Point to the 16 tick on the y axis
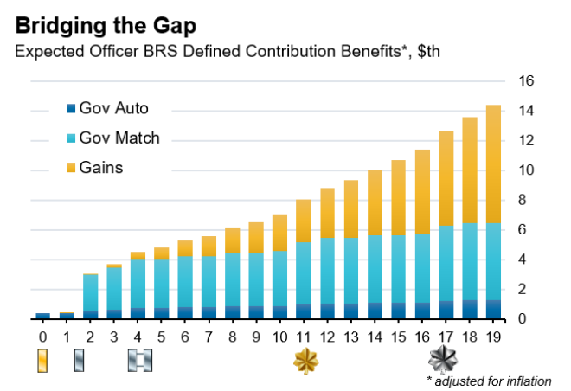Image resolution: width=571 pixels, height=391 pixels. (x=526, y=81)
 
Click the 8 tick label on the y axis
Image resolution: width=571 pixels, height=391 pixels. (x=522, y=201)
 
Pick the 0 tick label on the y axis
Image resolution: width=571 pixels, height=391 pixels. (x=522, y=320)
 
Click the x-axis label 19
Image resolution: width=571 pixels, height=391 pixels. (x=492, y=336)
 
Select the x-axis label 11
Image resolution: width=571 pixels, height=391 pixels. (x=304, y=336)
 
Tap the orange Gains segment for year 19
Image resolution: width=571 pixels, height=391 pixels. (x=493, y=164)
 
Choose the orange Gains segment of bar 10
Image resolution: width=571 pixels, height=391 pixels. (x=280, y=233)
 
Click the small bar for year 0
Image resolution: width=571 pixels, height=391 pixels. (x=42, y=316)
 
